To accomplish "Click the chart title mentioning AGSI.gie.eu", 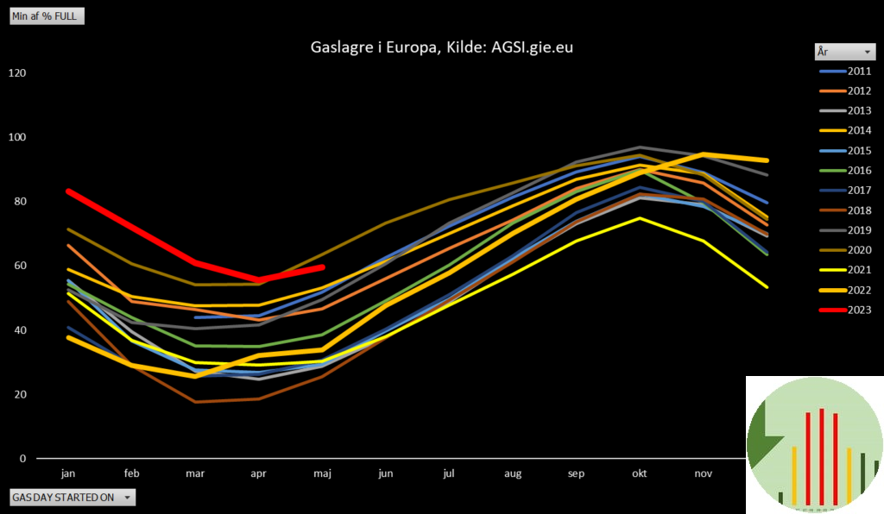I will tap(441, 47).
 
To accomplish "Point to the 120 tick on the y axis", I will tap(17, 73).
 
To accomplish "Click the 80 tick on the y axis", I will tap(17, 202).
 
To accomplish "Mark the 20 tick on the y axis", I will tap(17, 394).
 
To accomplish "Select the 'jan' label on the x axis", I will tap(68, 473).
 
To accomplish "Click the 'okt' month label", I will tap(639, 473).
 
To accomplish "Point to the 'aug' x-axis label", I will tap(513, 473).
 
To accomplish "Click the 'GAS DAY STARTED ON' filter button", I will tap(73, 498).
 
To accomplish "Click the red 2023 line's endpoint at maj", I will tap(321, 267).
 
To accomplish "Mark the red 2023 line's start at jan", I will tap(68, 191).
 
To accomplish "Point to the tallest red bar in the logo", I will tap(822, 456).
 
